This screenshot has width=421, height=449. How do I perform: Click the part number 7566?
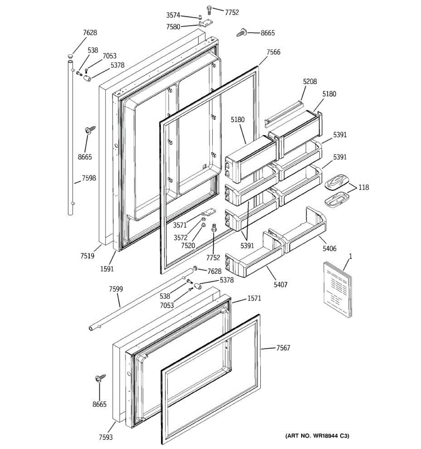[x=273, y=52]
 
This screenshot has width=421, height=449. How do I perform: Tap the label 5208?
[x=310, y=81]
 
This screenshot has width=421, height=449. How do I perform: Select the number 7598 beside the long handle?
[x=89, y=178]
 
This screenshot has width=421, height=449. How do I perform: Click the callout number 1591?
[x=107, y=268]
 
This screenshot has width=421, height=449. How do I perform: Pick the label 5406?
[x=329, y=248]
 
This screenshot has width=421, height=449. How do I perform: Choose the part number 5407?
[x=280, y=284]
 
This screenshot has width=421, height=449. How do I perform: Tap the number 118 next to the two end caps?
[x=363, y=187]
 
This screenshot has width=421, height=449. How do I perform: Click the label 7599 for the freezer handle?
[x=116, y=289]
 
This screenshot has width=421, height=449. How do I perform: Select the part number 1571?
[x=254, y=299]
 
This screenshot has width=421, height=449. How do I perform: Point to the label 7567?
[x=283, y=348]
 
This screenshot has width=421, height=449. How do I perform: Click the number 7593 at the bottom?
[x=106, y=437]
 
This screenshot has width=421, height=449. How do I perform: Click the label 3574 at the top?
[x=173, y=15]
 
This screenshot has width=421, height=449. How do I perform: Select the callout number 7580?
[x=173, y=27]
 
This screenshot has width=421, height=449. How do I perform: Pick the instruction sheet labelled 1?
[x=337, y=290]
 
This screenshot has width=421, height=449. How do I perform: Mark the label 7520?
[x=188, y=245]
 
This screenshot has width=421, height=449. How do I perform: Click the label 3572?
[x=180, y=237]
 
